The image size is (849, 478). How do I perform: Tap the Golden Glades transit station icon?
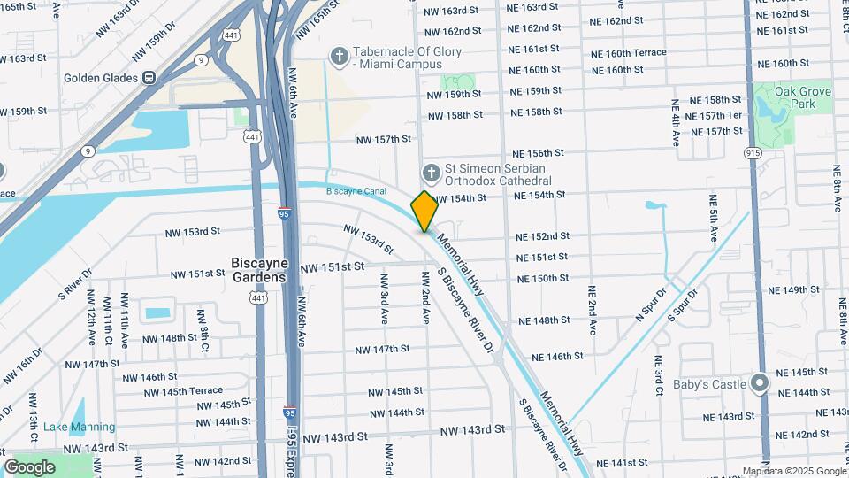150,77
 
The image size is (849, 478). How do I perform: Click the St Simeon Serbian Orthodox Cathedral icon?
431,172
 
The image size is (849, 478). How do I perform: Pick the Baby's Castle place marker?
759,383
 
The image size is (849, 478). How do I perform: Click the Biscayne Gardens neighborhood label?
258,269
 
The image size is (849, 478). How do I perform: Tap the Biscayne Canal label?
356,191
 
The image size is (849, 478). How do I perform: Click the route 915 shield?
753,153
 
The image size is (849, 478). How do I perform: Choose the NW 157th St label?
384,140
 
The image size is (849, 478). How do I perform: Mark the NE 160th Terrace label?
629,53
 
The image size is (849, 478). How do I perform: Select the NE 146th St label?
557,357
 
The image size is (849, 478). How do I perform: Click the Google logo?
29,466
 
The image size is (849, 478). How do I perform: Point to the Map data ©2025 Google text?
793,471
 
